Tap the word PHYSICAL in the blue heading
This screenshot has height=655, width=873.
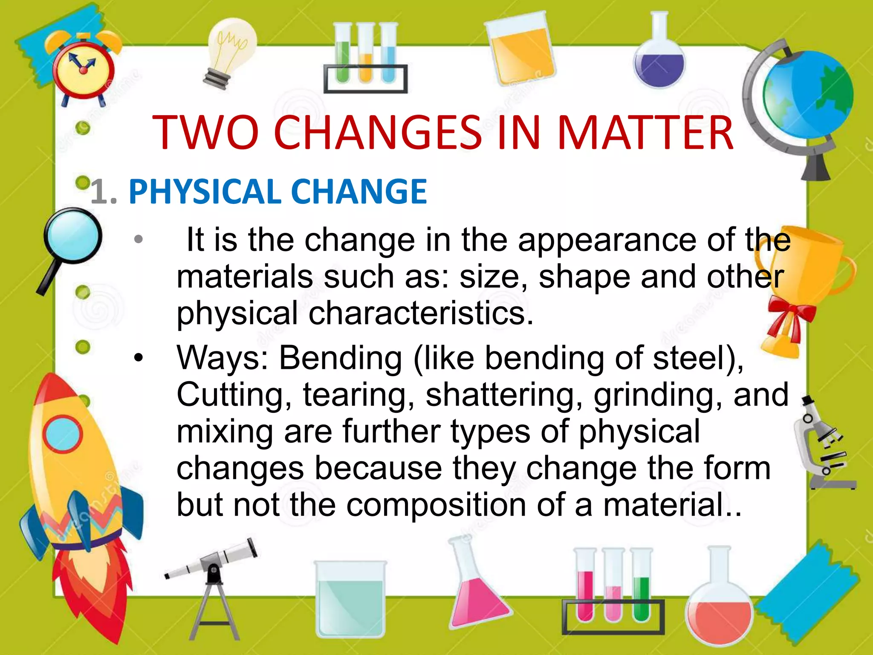205,192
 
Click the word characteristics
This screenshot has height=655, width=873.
420,313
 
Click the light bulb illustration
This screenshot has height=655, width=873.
230,51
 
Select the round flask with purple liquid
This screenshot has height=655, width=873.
659,60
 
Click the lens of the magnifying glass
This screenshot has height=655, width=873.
73,236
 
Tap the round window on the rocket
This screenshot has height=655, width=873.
63,434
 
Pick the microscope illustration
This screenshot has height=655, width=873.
825,448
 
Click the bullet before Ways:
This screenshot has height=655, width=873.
138,357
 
